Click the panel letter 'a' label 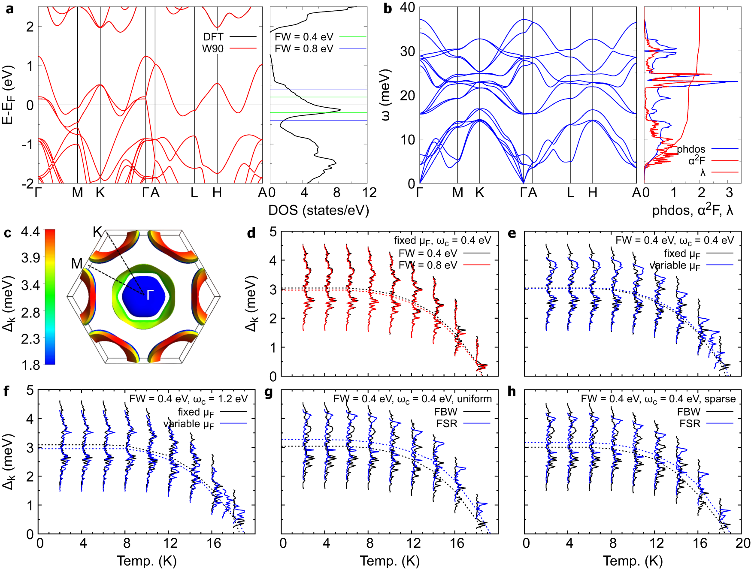[x=9, y=9]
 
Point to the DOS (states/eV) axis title [x=318, y=210]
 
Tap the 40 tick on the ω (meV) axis [x=407, y=7]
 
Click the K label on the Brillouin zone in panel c [x=97, y=232]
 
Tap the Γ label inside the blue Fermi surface [x=150, y=295]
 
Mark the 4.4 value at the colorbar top [x=30, y=232]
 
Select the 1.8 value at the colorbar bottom [x=30, y=365]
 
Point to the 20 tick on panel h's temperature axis [x=743, y=543]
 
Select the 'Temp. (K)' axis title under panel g [x=390, y=561]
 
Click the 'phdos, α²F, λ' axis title [x=692, y=210]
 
